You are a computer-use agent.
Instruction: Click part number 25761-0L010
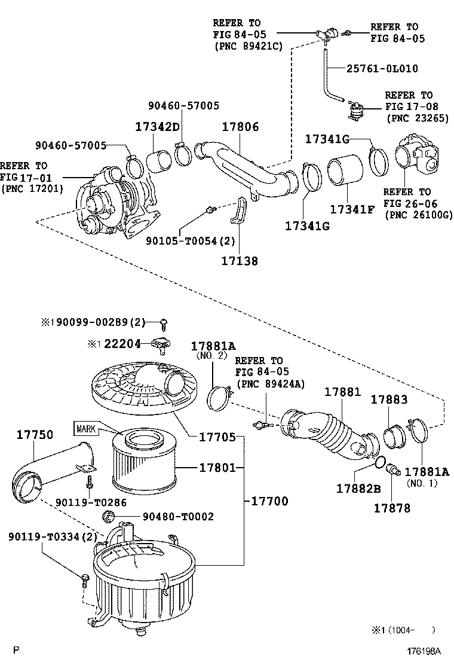tap(382, 68)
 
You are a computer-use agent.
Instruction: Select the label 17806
tap(240, 126)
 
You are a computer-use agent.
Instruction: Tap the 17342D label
tap(157, 126)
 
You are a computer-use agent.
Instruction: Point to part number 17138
tap(240, 260)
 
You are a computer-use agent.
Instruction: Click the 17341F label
tap(352, 209)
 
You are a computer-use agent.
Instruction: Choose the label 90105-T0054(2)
tap(190, 241)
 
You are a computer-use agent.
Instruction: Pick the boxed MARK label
tap(86, 429)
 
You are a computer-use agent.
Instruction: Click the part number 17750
tap(35, 434)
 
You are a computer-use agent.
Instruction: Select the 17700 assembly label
tap(270, 501)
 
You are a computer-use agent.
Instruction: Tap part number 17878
tap(392, 508)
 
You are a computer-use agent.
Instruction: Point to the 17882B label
tap(358, 489)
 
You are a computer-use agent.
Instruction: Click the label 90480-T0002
tap(178, 516)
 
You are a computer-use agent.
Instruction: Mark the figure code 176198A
tap(424, 651)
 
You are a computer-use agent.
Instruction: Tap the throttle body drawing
tap(418, 157)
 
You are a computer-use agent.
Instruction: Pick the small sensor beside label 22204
tap(161, 346)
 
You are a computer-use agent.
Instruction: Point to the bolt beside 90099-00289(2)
tap(164, 324)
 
